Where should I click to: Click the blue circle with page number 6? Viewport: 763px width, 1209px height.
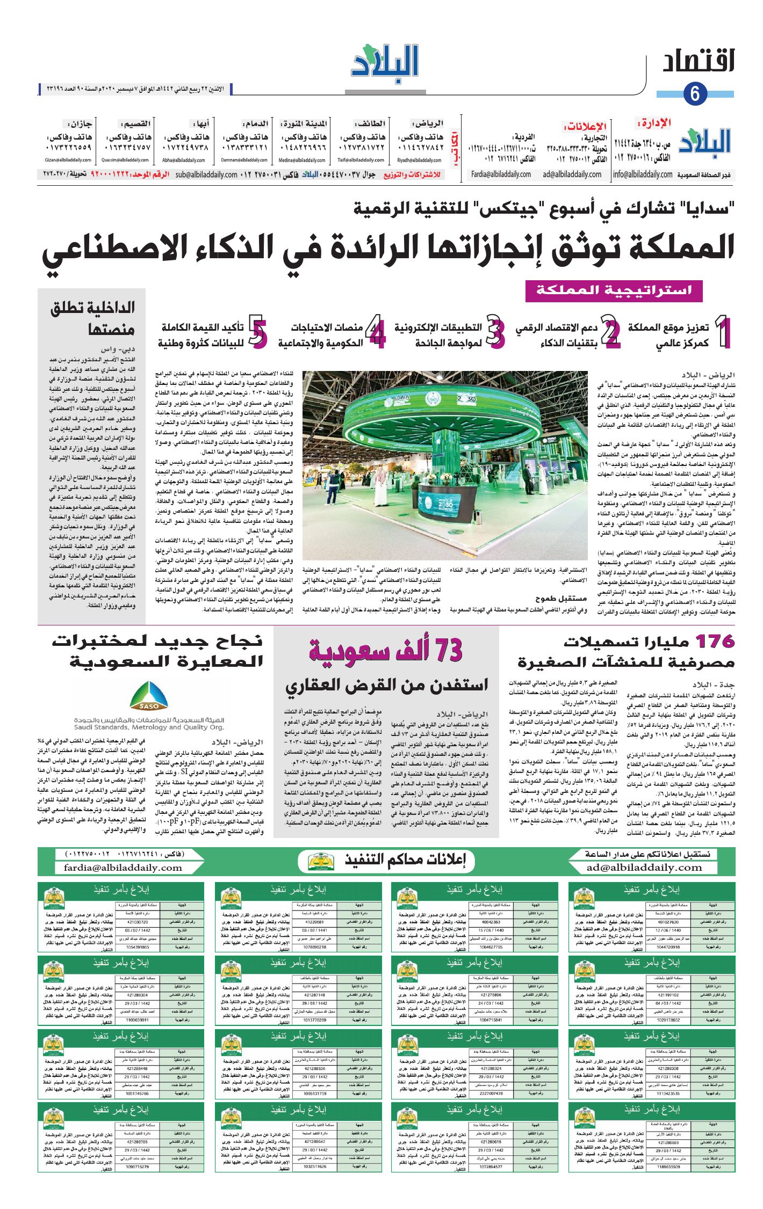(695, 94)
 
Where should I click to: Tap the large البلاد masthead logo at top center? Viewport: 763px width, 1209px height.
(385, 62)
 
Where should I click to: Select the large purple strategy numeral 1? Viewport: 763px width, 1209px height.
(723, 333)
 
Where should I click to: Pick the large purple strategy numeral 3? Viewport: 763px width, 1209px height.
(495, 333)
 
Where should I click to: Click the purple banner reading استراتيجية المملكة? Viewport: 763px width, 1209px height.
(614, 290)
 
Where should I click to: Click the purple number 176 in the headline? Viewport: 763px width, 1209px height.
(715, 641)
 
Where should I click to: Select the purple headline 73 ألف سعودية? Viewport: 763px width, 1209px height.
(385, 651)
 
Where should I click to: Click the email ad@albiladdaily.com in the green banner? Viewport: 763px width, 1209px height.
(644, 867)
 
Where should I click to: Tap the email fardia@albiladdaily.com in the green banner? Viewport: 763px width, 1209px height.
(123, 867)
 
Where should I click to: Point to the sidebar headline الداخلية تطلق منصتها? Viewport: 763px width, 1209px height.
(92, 318)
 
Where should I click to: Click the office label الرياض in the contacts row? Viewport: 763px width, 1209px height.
(427, 123)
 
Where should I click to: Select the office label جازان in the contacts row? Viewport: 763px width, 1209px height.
(80, 123)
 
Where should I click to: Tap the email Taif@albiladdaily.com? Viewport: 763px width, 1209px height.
(361, 160)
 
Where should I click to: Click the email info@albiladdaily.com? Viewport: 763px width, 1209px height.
(643, 174)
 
